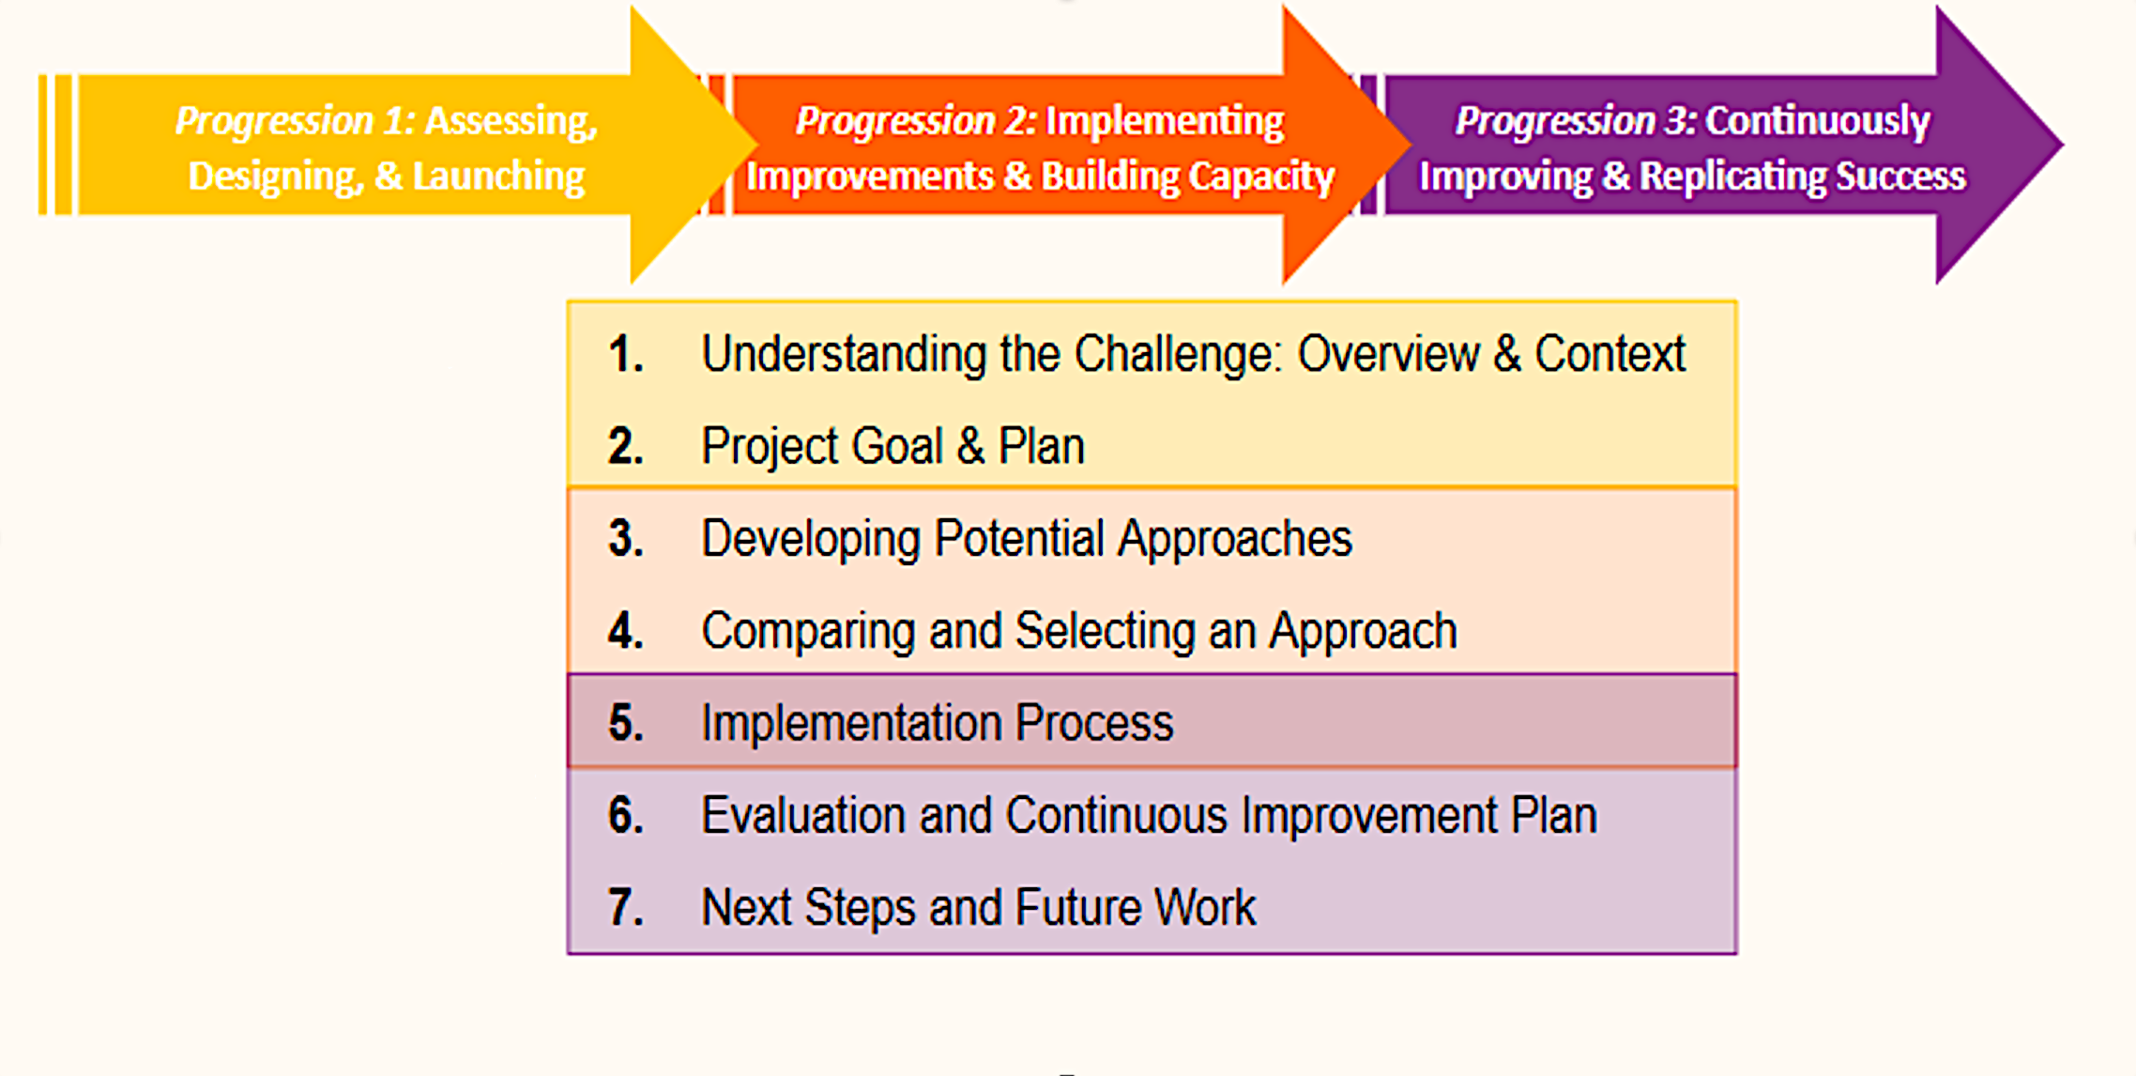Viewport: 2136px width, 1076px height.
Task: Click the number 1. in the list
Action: click(626, 355)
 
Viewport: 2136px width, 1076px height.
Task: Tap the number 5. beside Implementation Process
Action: click(626, 723)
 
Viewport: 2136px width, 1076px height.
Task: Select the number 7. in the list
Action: click(626, 908)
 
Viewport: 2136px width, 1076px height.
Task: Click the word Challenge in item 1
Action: click(1178, 355)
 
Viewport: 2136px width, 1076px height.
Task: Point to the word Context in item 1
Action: click(1610, 355)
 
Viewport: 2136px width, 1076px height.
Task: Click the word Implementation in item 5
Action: click(851, 723)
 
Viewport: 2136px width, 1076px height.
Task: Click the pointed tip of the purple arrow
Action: click(2063, 145)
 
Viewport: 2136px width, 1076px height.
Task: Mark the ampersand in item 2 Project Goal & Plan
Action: click(970, 446)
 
